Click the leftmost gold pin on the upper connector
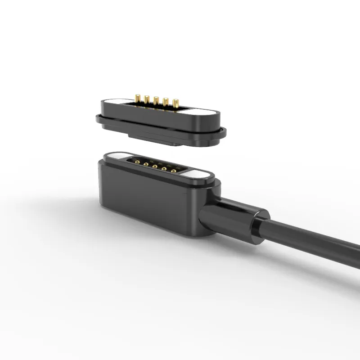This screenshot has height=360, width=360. coord(138,98)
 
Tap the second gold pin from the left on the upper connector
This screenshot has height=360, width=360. coord(147,99)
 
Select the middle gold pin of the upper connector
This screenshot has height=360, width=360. coord(156,100)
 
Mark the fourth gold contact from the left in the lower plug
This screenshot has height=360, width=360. coord(164,169)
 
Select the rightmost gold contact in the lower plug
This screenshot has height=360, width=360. coord(173,171)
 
